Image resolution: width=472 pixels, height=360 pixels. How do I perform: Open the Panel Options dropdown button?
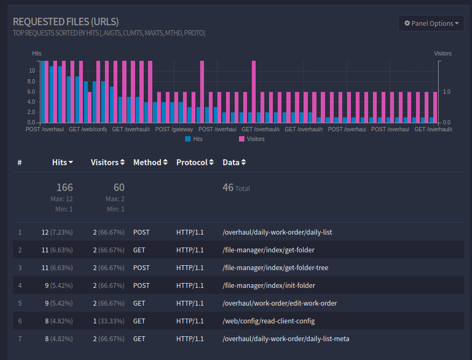(x=431, y=23)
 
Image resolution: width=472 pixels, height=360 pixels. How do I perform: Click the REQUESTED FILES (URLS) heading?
(x=66, y=22)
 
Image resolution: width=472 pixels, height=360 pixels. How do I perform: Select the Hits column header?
(x=62, y=162)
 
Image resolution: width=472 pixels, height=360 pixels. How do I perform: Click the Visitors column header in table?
(x=108, y=162)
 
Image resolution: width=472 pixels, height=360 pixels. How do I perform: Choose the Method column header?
(x=150, y=162)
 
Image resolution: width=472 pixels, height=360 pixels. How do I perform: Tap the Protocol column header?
(x=195, y=162)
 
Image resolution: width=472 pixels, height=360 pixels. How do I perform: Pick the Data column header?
(x=234, y=162)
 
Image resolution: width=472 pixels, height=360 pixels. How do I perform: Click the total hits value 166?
(x=65, y=187)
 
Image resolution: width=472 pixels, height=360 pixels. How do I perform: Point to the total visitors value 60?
(x=119, y=187)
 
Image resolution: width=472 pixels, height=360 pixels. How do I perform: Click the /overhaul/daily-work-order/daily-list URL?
(x=277, y=232)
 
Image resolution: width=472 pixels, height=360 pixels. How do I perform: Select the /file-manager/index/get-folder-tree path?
(x=275, y=267)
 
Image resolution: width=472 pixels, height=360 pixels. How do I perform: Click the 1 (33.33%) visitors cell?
(x=108, y=321)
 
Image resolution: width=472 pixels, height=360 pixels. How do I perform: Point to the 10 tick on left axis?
(x=32, y=71)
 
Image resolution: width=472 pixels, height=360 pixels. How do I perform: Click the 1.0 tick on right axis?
(x=446, y=91)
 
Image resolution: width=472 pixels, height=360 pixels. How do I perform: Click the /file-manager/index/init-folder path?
(x=269, y=285)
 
